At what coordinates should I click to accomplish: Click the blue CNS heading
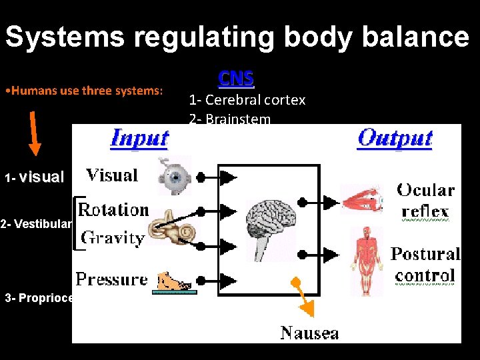pos(236,79)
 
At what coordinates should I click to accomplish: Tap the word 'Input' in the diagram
pos(139,138)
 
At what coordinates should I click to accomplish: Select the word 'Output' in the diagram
pos(395,138)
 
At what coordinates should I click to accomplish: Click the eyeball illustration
pos(173,175)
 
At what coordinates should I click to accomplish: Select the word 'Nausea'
pos(309,332)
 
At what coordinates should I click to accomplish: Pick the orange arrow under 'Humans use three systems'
pos(35,133)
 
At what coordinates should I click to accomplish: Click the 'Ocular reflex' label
pos(425,200)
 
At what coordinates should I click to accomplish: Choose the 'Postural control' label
pos(425,264)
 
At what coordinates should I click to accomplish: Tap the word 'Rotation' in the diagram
pos(113,209)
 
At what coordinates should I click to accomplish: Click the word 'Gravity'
pos(112,237)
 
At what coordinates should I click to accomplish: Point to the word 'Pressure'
pos(111,279)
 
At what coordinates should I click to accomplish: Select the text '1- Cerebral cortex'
pos(247,100)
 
